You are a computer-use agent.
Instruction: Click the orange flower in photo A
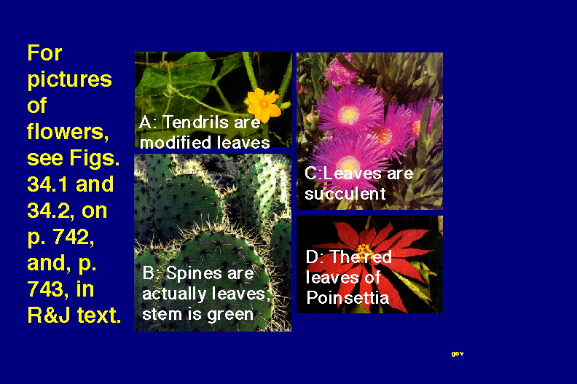pos(264,104)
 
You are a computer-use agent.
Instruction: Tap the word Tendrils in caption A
pos(195,122)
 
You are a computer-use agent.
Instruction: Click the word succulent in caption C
pos(345,194)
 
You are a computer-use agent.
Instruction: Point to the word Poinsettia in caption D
pos(348,297)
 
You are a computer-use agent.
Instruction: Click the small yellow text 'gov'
pos(458,354)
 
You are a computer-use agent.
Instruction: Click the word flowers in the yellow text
pos(68,132)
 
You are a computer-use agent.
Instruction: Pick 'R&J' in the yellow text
pos(49,316)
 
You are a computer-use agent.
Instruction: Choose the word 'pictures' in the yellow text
pos(69,80)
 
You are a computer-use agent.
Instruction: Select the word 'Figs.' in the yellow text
pos(95,158)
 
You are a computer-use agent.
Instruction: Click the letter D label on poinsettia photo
pos(313,257)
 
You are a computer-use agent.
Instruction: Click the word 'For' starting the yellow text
pos(44,53)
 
